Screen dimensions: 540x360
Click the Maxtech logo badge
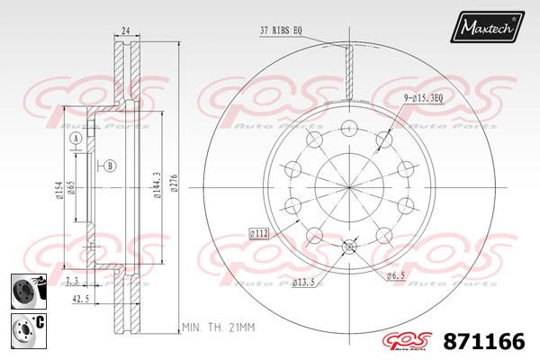pos(487,26)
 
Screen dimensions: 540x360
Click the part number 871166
pos(484,342)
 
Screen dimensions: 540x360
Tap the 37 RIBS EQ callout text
pos(281,31)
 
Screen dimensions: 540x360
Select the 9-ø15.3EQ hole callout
pos(423,98)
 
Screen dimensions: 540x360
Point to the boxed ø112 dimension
pos(259,234)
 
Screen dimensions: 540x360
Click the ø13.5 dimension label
pos(303,283)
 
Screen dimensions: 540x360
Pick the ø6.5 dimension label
pos(395,275)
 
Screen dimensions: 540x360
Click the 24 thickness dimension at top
pos(126,31)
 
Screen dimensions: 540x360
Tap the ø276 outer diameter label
pos(174,184)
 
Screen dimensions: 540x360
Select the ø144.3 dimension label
pos(157,185)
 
